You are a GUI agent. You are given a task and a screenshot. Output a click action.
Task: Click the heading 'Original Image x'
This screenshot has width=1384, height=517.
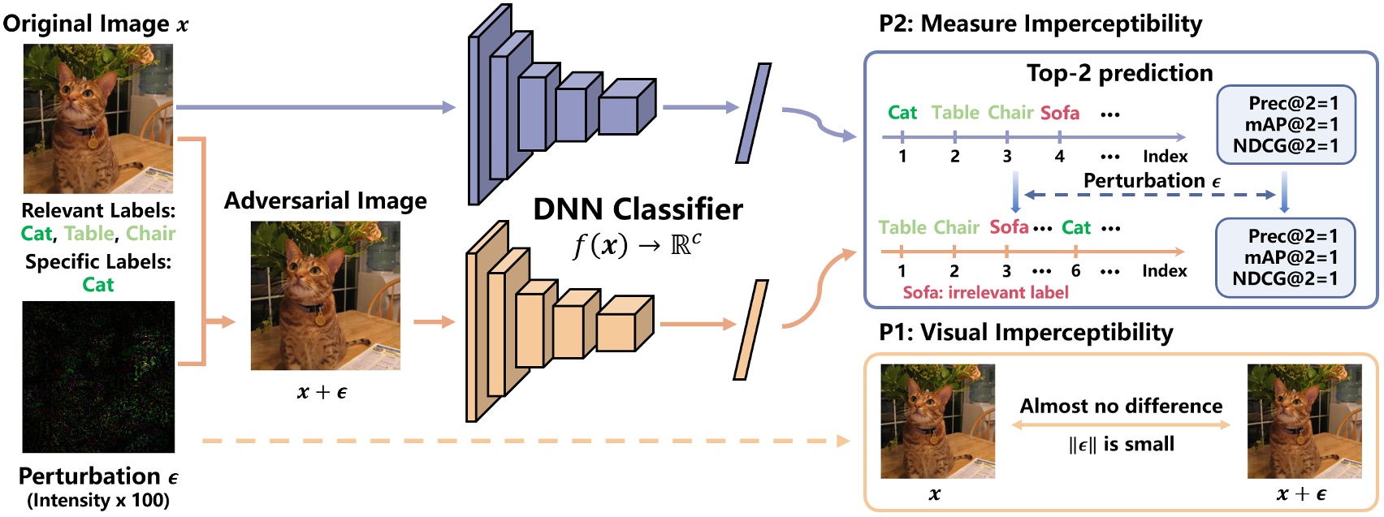(95, 23)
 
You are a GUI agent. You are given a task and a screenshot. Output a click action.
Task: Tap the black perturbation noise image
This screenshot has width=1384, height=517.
(98, 377)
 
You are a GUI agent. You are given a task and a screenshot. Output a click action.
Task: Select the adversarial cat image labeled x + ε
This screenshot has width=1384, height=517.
(325, 295)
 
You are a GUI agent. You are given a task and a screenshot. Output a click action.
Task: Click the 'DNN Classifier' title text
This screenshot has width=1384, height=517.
(638, 209)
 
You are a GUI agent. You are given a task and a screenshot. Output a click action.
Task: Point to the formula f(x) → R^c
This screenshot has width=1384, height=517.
(638, 243)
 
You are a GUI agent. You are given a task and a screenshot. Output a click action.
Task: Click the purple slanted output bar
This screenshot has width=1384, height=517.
(753, 113)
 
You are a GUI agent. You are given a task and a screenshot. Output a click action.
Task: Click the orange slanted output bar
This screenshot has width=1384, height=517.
(750, 330)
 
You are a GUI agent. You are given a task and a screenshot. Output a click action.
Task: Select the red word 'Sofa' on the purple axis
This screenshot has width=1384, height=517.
(1059, 113)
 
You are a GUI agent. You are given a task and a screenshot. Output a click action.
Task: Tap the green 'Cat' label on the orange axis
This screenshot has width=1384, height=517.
(1075, 228)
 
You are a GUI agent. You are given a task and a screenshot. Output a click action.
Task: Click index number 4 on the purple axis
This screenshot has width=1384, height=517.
(1059, 156)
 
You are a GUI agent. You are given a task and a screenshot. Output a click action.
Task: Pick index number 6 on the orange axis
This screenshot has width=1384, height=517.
(1075, 271)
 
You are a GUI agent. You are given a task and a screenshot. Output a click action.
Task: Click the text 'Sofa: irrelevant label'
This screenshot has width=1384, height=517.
(985, 292)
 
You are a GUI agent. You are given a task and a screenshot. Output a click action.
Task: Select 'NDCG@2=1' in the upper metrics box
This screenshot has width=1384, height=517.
(1285, 146)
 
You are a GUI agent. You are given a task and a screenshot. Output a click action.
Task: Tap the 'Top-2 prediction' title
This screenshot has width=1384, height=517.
(1119, 73)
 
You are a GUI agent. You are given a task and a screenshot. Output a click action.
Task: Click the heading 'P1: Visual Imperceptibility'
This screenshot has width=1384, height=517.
(1026, 332)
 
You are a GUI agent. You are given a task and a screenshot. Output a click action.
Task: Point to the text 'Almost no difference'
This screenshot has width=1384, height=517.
(1121, 406)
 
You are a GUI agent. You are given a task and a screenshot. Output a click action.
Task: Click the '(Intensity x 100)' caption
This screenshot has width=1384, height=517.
(98, 500)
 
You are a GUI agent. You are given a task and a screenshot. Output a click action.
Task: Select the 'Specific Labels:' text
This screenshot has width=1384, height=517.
(98, 261)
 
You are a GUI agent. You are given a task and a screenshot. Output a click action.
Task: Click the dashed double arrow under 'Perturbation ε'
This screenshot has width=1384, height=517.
(1149, 195)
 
